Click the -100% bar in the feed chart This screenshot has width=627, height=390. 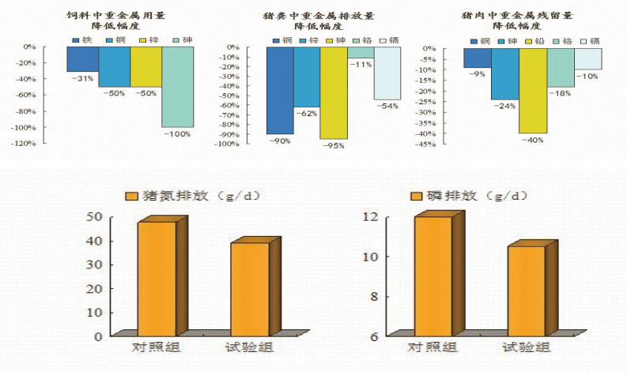[177, 86]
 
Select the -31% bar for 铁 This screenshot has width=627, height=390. [83, 59]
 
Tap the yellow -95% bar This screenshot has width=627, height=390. [334, 92]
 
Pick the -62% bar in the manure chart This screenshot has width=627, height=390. [307, 77]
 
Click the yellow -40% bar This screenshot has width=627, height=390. [533, 90]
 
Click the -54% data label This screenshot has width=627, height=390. [387, 106]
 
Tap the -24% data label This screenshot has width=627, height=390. [504, 105]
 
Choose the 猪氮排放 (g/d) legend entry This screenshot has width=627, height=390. [193, 196]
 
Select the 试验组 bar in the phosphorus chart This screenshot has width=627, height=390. [526, 290]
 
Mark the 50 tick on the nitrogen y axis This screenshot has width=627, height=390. [94, 216]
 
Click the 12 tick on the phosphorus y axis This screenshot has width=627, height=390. [372, 216]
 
